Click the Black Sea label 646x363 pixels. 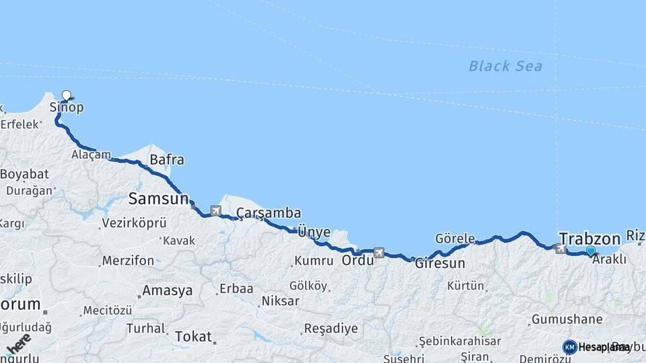pos(505,66)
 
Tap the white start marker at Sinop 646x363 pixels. pos(67,95)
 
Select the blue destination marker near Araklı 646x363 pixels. pos(591,251)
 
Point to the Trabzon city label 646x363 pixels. pos(589,239)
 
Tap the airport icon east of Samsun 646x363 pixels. pos(215,210)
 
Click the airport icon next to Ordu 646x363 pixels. pos(379,253)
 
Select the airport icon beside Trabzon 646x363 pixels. pos(561,249)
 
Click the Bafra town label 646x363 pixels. pos(167,160)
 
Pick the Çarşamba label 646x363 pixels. pos(268,213)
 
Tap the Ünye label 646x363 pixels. pos(314,232)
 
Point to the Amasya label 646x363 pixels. pos(167,291)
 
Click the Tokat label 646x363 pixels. pos(193,336)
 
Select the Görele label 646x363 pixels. pos(455,239)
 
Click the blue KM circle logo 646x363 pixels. pos(570,347)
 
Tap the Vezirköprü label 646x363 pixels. pos(133,223)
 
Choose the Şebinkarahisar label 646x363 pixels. pos(460,341)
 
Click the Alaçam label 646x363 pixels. pos(91,155)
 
